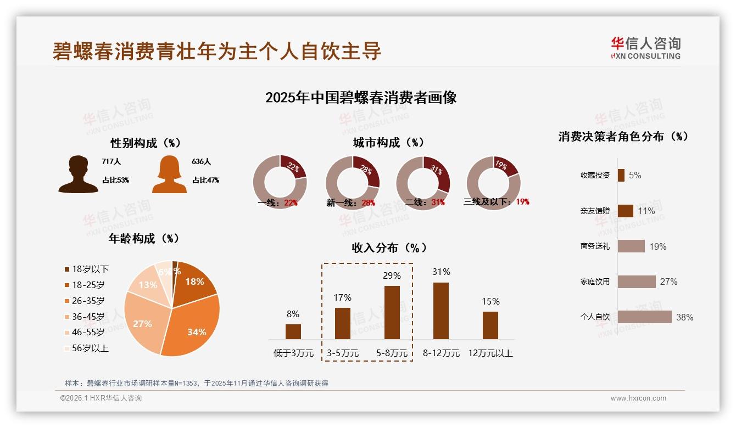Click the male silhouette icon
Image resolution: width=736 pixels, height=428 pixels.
[78, 174]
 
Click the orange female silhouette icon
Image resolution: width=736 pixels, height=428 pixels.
[169, 174]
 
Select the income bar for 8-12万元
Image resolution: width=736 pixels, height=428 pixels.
[441, 311]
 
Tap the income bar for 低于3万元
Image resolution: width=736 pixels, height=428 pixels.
[293, 331]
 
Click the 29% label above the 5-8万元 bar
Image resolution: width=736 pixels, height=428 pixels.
[392, 275]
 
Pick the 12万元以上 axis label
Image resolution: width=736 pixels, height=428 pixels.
[490, 353]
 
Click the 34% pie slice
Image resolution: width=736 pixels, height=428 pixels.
[192, 324]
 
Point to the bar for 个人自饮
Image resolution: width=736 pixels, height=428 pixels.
[644, 317]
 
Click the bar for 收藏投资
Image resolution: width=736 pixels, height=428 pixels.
[621, 175]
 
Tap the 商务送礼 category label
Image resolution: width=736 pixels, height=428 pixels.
[595, 246]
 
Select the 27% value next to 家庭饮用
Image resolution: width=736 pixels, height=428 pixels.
[668, 281]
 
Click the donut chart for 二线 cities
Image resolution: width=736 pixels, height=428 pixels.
[423, 183]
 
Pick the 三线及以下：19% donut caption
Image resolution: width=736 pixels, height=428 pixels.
[496, 202]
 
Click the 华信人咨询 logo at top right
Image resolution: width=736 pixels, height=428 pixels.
[645, 48]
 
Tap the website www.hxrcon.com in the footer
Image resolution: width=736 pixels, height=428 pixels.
[638, 398]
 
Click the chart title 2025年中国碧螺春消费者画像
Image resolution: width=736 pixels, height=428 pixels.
[361, 98]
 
